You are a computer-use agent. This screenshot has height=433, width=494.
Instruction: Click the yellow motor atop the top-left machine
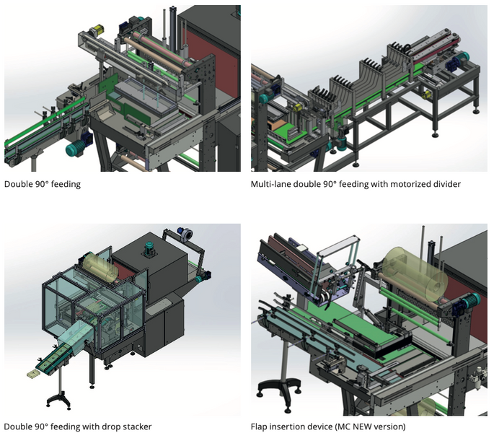point(97,30)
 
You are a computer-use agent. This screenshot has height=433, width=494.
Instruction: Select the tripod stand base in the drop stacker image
point(58,400)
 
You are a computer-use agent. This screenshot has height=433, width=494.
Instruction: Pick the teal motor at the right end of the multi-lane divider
point(462,58)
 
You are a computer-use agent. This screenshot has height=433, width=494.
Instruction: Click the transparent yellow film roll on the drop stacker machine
point(100,266)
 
